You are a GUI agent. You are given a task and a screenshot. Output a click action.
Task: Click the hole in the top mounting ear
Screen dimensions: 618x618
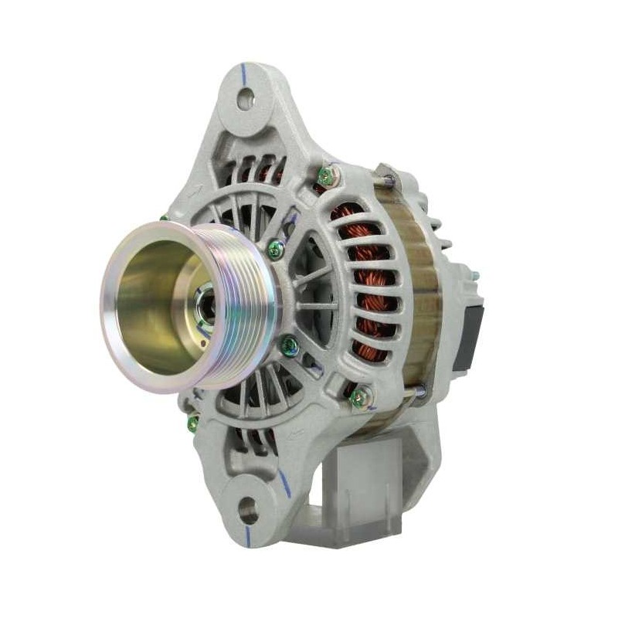coord(246,98)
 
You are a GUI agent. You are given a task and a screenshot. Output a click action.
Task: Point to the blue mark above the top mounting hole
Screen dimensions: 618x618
coord(244,73)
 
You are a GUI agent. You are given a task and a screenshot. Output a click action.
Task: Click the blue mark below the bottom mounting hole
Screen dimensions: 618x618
coord(248,535)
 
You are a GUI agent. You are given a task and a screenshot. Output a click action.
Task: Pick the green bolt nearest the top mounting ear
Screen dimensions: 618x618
coord(327,176)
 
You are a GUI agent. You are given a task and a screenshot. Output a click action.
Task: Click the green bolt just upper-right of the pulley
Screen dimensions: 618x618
coord(276,249)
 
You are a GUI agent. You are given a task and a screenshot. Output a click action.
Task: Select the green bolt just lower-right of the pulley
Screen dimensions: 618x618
coord(290,345)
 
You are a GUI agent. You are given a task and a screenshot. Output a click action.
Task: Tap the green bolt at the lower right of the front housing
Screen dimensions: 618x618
coord(360,397)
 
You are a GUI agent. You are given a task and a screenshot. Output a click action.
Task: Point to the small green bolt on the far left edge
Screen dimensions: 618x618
coord(193,423)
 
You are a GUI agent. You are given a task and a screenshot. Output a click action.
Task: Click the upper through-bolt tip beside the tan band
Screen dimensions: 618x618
coord(389,180)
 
